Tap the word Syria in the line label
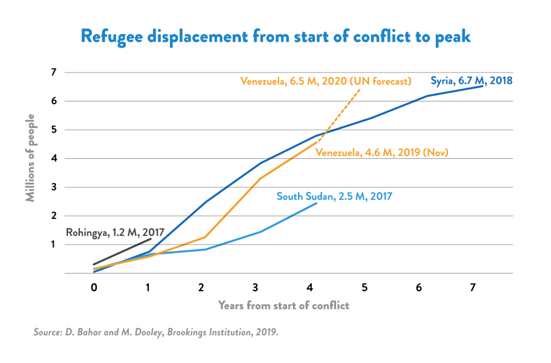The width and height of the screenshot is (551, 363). point(441,81)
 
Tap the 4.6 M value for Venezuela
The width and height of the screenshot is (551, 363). point(378,153)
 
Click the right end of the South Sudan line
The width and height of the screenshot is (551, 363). point(317,204)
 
